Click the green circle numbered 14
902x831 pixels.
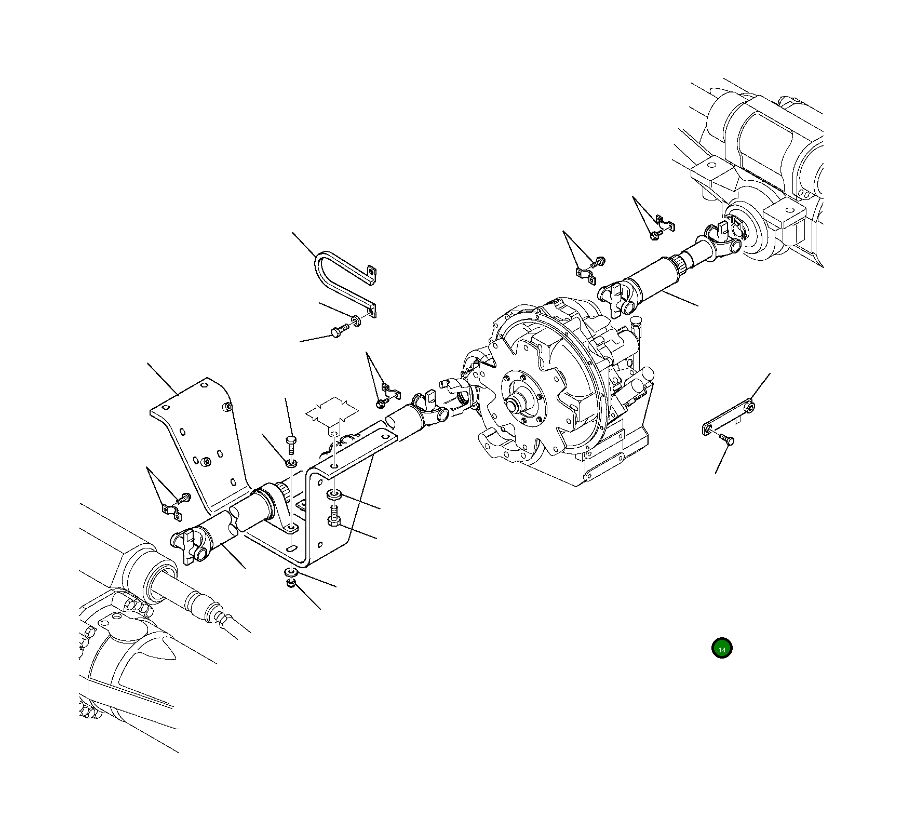tap(721, 648)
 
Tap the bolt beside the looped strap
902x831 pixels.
tap(338, 331)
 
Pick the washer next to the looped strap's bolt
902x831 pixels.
tap(356, 320)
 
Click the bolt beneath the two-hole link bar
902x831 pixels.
tap(726, 440)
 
